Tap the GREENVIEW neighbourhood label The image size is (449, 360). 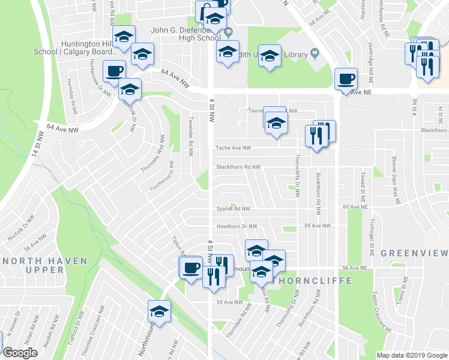414,253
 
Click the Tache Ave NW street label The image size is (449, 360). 233,148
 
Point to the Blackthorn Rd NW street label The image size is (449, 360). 238,167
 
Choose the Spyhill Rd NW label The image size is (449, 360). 233,209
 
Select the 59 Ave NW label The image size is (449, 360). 318,226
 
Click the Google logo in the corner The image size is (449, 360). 20,353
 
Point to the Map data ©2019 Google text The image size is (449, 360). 412,355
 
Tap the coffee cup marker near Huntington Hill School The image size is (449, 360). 114,71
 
